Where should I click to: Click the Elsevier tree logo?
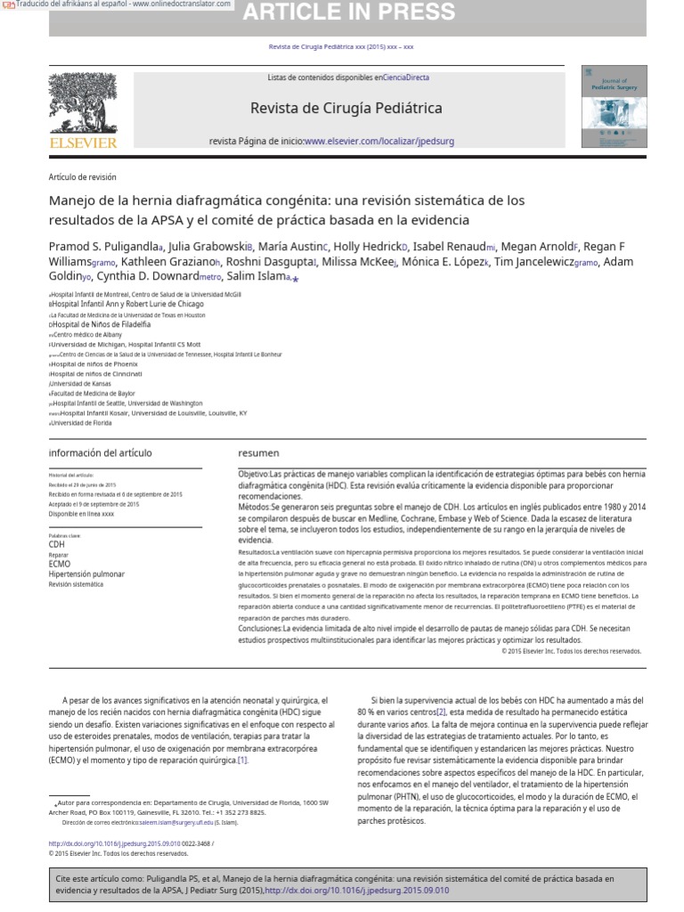pos(82,103)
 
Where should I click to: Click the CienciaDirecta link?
pos(406,77)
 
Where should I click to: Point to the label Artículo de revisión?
pos(82,177)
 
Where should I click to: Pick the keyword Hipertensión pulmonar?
pos(86,574)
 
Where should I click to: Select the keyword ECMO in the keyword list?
pos(59,564)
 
